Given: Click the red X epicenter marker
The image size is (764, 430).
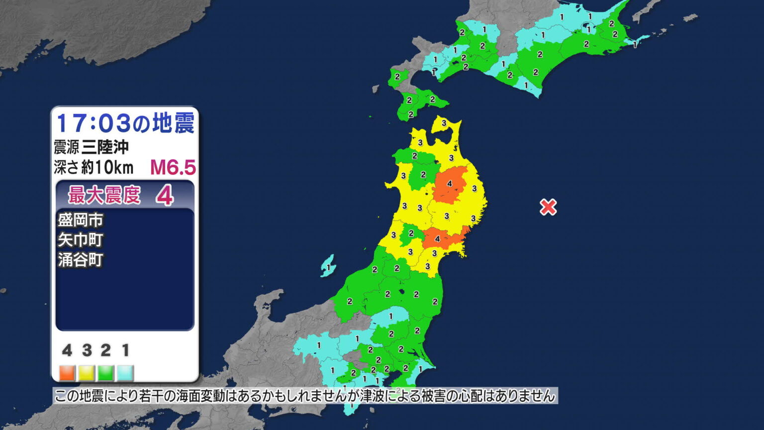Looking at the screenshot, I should click(548, 207).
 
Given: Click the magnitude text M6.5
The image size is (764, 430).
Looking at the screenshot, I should click(173, 168).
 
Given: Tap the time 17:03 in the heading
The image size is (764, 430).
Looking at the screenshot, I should click(93, 123).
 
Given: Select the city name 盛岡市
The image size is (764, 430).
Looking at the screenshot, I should click(81, 220).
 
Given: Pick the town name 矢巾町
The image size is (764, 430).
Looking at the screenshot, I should click(81, 240).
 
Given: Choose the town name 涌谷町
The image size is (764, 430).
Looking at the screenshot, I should click(81, 260).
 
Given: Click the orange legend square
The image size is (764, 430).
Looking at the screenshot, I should click(67, 372).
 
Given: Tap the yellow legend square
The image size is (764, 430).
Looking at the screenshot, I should click(87, 372).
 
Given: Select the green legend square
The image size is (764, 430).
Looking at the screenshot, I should click(106, 372).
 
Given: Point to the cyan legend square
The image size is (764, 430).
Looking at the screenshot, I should click(125, 372).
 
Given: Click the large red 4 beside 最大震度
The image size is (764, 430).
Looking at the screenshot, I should click(164, 196).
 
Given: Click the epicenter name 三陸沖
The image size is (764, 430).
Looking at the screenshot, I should click(105, 147).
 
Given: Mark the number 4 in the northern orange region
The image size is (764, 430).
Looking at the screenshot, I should click(450, 184).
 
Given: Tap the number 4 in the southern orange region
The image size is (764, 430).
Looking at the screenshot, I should click(437, 239).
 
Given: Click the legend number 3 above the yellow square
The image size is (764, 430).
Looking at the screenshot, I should click(87, 350).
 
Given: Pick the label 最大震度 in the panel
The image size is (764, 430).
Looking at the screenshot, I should click(104, 195).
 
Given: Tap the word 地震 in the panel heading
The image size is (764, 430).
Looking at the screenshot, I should click(173, 123).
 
